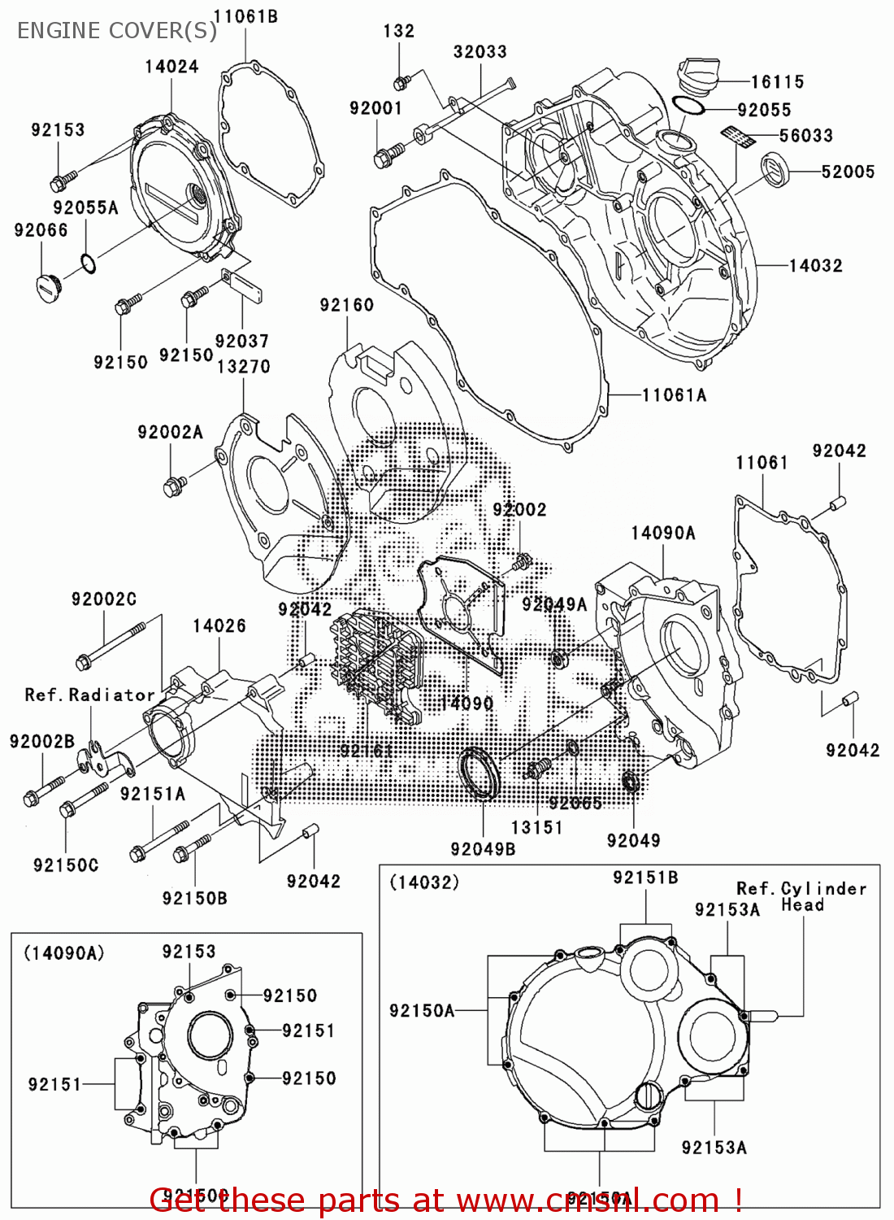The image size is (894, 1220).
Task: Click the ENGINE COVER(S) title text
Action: pyautogui.click(x=117, y=31)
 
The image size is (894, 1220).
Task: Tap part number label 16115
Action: pyautogui.click(x=777, y=82)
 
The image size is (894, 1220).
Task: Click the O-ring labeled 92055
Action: pyautogui.click(x=688, y=107)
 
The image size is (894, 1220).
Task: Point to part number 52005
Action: pyautogui.click(x=848, y=172)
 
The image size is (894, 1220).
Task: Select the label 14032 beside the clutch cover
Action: pyautogui.click(x=815, y=265)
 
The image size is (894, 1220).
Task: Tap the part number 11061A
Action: pyautogui.click(x=674, y=395)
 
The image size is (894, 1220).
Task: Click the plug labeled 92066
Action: pyautogui.click(x=48, y=287)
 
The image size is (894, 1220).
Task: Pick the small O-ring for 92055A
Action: pyautogui.click(x=88, y=264)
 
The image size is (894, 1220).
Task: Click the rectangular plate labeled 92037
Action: pyautogui.click(x=241, y=284)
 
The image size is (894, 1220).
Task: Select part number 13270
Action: pyautogui.click(x=243, y=367)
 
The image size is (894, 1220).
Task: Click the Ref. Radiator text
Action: pyautogui.click(x=89, y=695)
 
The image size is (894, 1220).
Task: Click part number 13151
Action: pyautogui.click(x=536, y=827)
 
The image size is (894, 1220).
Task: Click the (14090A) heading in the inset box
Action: pyautogui.click(x=63, y=952)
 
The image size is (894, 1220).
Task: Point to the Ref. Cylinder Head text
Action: pyautogui.click(x=801, y=896)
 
